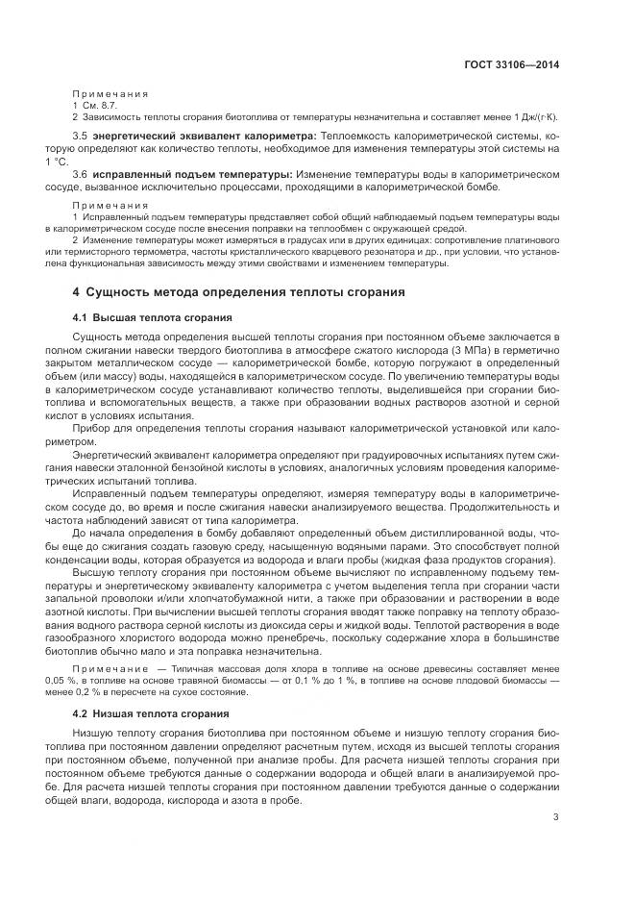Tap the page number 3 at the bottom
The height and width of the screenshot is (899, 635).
click(x=556, y=817)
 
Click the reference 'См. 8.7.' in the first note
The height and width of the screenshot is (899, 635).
click(x=97, y=104)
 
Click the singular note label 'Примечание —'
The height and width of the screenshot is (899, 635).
click(x=116, y=666)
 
